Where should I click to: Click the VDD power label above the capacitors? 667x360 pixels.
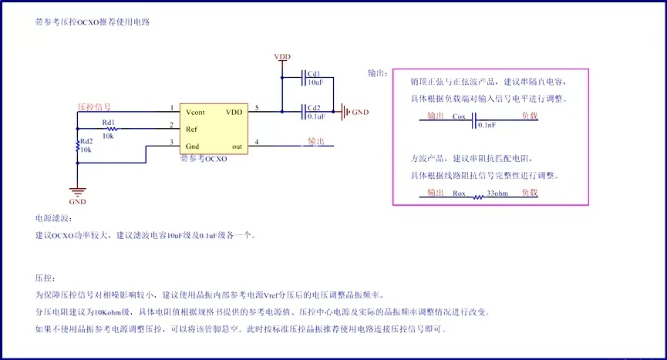[x=282, y=58]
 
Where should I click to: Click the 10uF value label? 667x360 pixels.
[x=315, y=82]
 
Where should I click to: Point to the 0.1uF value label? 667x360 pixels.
[x=315, y=116]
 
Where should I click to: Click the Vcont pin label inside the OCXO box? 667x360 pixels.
[x=195, y=112]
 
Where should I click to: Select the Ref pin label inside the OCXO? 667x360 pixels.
[x=191, y=129]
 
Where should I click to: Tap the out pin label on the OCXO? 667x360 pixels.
[x=237, y=146]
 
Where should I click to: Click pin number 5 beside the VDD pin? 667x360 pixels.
[x=257, y=108]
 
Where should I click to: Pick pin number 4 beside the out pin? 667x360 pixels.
[x=257, y=141]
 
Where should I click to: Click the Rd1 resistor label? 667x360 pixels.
[x=108, y=122]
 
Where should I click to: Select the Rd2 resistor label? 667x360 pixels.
[x=86, y=140]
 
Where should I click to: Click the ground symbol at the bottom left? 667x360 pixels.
[x=77, y=191]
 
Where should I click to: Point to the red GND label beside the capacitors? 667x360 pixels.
[x=359, y=112]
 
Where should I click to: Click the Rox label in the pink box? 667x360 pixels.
[x=460, y=193]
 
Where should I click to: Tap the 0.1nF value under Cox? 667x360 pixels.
[x=487, y=125]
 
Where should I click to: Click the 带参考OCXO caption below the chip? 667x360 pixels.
[x=203, y=158]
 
